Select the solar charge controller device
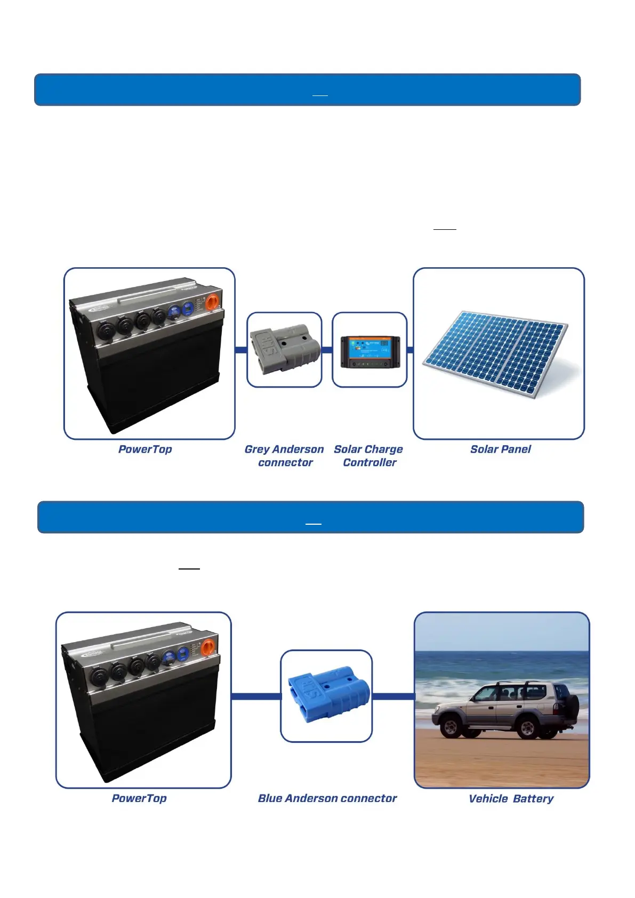[x=370, y=352]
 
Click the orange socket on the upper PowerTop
[x=212, y=302]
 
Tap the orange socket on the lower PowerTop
[x=208, y=647]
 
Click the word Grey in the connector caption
[x=257, y=450]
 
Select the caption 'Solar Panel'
[x=500, y=450]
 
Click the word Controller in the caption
[x=369, y=463]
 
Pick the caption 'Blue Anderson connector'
[x=327, y=798]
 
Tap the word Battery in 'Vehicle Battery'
[x=533, y=799]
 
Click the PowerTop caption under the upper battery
[x=145, y=450]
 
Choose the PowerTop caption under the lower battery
[x=139, y=798]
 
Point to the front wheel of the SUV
[x=451, y=727]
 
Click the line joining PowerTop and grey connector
[x=241, y=350]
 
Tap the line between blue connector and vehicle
[x=393, y=696]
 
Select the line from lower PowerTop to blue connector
[x=256, y=696]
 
